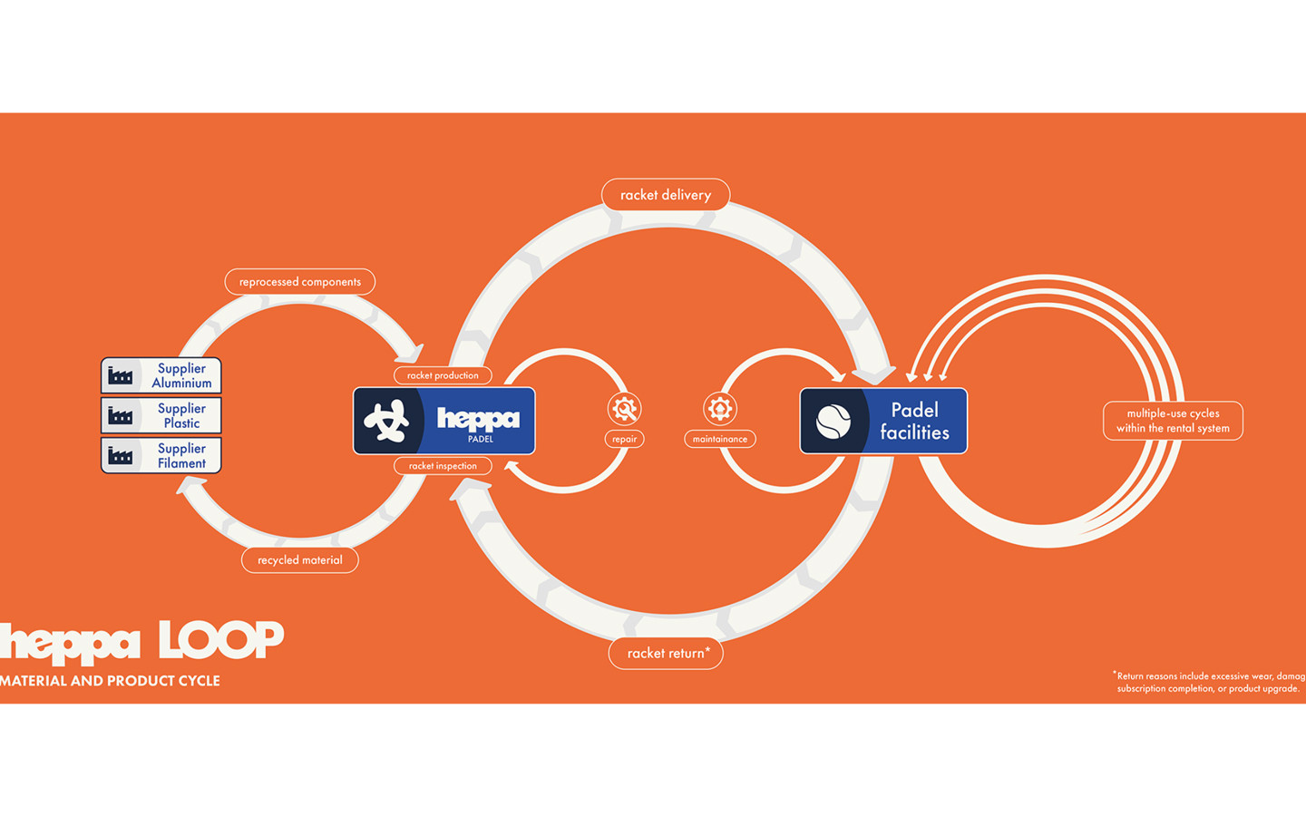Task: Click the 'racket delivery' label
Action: pos(666,195)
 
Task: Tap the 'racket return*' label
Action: pos(667,653)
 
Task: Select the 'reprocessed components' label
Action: pos(300,282)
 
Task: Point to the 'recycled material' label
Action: pos(300,560)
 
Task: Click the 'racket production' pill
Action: pos(443,375)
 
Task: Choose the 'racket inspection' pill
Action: pos(443,466)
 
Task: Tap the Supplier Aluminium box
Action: pos(161,375)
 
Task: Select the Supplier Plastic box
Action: pos(161,415)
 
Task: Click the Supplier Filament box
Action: pos(161,455)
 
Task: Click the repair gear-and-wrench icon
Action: pos(624,409)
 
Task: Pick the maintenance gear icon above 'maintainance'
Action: pos(720,409)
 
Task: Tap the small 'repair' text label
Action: pos(624,440)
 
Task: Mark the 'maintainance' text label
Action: pos(720,440)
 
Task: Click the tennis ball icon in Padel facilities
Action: pos(833,421)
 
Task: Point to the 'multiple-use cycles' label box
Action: pos(1173,421)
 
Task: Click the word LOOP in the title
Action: pos(221,640)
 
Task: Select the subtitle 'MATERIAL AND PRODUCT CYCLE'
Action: pos(110,681)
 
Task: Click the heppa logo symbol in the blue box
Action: pos(387,421)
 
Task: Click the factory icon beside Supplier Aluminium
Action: pos(121,375)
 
